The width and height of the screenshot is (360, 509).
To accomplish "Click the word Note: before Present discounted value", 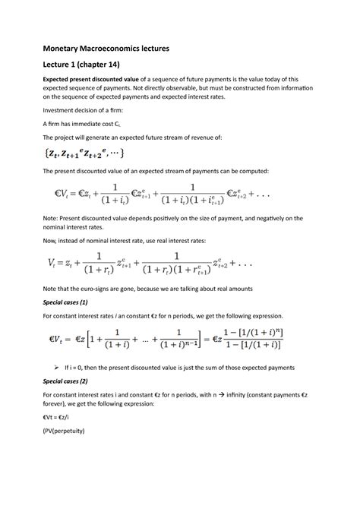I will point(74,238).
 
